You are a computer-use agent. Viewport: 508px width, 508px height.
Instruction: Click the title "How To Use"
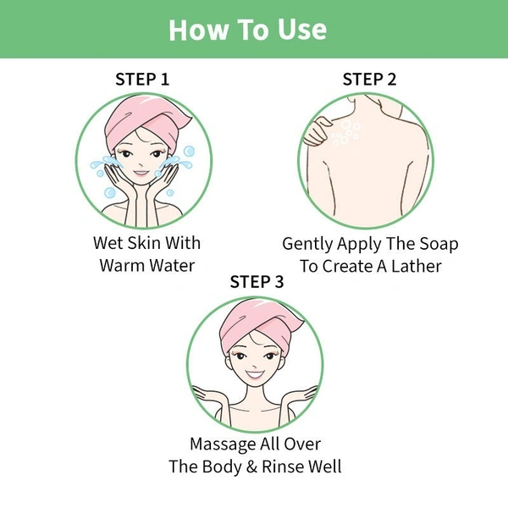248,30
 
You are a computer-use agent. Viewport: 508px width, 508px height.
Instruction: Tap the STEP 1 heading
142,80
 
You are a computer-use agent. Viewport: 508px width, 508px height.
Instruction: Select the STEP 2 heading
370,80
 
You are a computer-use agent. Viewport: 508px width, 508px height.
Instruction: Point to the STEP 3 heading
257,282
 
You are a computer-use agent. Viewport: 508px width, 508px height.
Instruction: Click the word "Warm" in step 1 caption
122,266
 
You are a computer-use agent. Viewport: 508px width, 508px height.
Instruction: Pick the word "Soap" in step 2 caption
439,244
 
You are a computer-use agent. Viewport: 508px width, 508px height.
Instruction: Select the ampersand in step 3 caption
251,467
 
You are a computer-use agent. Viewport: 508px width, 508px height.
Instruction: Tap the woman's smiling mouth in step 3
255,375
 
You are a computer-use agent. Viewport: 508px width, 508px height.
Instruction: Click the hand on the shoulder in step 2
317,131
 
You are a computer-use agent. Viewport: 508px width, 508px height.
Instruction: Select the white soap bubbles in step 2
345,133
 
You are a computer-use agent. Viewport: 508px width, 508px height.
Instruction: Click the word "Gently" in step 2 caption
307,245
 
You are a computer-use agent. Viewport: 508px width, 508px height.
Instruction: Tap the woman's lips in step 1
141,173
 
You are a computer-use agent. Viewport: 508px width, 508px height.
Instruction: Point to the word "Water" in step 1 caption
172,266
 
